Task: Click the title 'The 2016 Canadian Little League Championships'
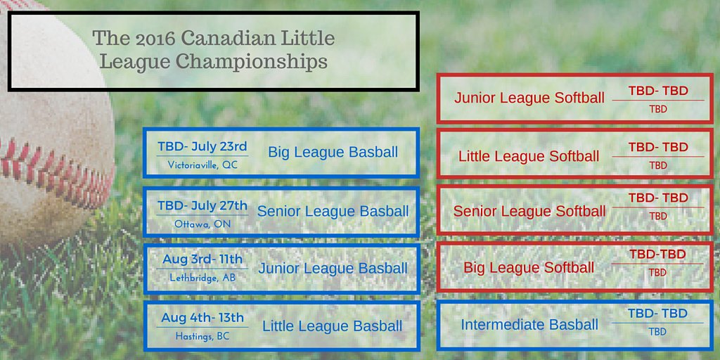(x=213, y=50)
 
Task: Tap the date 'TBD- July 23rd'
(x=202, y=146)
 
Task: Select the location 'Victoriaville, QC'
(x=202, y=165)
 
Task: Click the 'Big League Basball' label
(x=333, y=153)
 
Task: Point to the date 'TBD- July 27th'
(x=202, y=205)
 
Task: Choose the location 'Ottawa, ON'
(x=202, y=224)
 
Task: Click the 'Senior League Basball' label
(x=333, y=211)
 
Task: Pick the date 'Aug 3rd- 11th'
(x=202, y=259)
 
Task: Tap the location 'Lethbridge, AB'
(x=202, y=278)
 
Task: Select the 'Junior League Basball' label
(x=333, y=269)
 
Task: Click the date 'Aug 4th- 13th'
(x=202, y=318)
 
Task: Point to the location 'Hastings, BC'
(x=202, y=337)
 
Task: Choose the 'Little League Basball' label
(x=333, y=326)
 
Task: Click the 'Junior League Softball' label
(x=529, y=98)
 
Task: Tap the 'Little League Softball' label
(x=529, y=156)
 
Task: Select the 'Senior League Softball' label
(x=529, y=211)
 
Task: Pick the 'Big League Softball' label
(x=529, y=268)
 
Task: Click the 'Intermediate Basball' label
(x=529, y=325)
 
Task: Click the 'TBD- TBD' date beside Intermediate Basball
(x=658, y=314)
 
